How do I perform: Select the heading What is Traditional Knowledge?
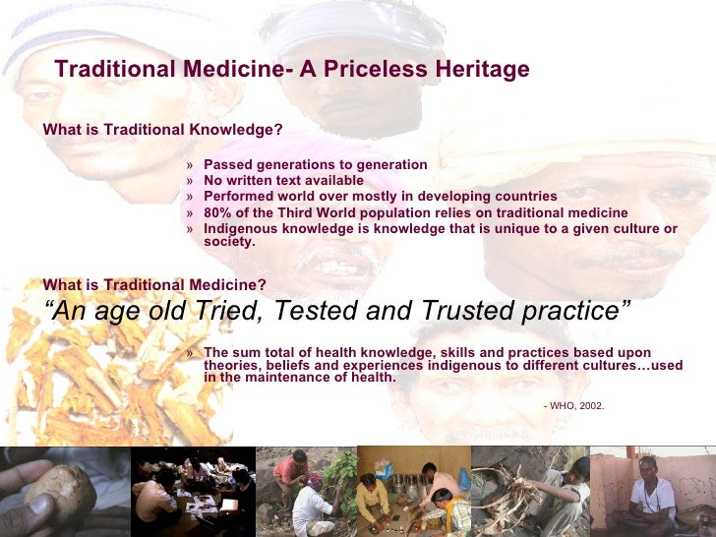[163, 130]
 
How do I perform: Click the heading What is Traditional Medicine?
[154, 285]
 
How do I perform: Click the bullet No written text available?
[283, 181]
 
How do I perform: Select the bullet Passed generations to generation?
[315, 165]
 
